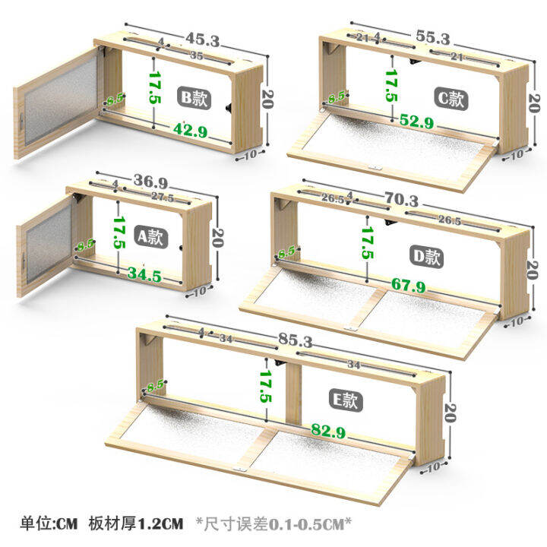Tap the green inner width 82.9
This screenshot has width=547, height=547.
pyautogui.click(x=332, y=431)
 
